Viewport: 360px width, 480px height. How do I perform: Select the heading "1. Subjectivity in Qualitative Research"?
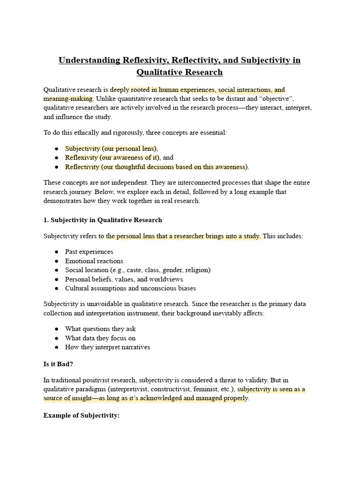[x=103, y=220]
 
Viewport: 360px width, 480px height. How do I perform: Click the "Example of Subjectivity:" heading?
[x=82, y=415]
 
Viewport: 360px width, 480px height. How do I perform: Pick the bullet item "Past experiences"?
[x=89, y=252]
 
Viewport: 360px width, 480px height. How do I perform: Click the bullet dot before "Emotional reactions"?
[x=56, y=261]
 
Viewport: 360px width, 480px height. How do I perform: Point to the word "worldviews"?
[x=167, y=279]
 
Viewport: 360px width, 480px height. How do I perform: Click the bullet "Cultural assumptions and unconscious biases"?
[x=130, y=288]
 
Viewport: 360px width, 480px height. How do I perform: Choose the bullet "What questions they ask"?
[x=100, y=329]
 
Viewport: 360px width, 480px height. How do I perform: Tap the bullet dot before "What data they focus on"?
[x=56, y=338]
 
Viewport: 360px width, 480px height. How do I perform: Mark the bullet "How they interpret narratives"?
[x=107, y=347]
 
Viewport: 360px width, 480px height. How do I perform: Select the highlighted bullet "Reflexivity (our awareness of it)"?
[x=112, y=157]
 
